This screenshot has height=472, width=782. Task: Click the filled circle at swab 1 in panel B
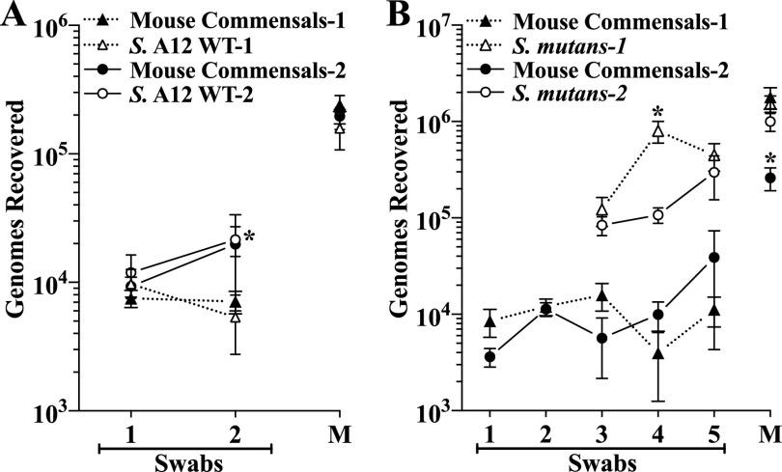click(489, 357)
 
